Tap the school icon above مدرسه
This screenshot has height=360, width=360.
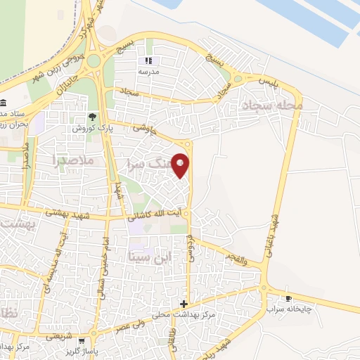click(x=148, y=61)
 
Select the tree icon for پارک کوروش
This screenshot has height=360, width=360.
click(x=93, y=117)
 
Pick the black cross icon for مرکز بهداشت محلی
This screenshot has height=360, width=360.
click(x=184, y=304)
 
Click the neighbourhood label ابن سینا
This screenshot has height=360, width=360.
click(x=150, y=258)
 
